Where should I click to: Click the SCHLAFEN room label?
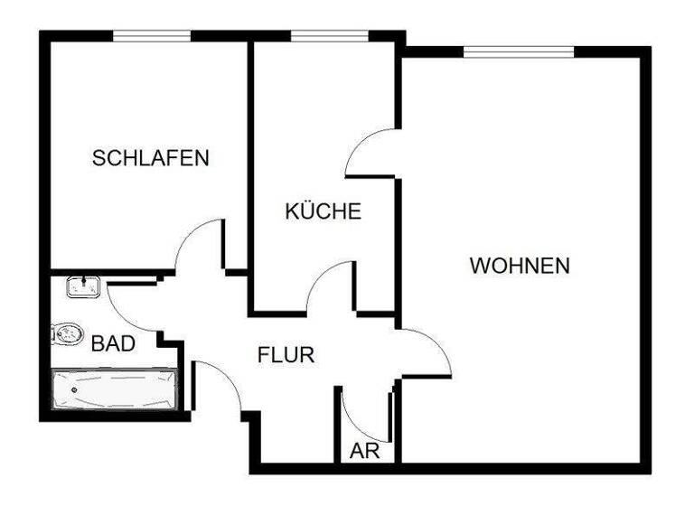pos(151,159)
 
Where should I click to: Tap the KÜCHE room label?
pos(324,212)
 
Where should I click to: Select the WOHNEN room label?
pos(520,267)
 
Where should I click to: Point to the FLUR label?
pos(286,355)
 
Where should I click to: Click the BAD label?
pos(114,343)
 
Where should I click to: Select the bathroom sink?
pos(81,288)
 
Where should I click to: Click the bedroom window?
pos(152,36)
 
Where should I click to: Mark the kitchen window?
pos(329,36)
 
